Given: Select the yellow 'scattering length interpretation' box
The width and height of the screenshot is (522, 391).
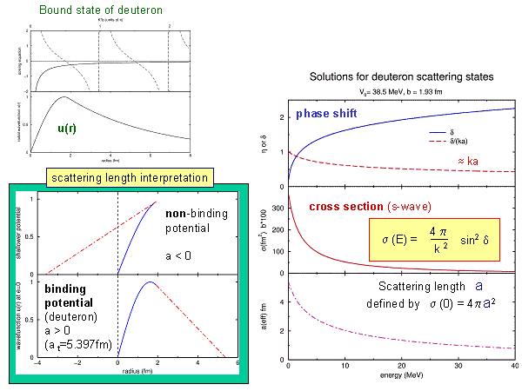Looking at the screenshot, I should click(130, 177).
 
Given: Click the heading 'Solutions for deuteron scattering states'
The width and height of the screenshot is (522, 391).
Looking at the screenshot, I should click(401, 76).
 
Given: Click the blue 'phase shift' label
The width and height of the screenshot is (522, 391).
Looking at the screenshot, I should click(325, 114).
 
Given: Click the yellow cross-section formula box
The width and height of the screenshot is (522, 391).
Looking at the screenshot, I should click(434, 239).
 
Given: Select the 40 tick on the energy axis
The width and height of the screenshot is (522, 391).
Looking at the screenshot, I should click(513, 366).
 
